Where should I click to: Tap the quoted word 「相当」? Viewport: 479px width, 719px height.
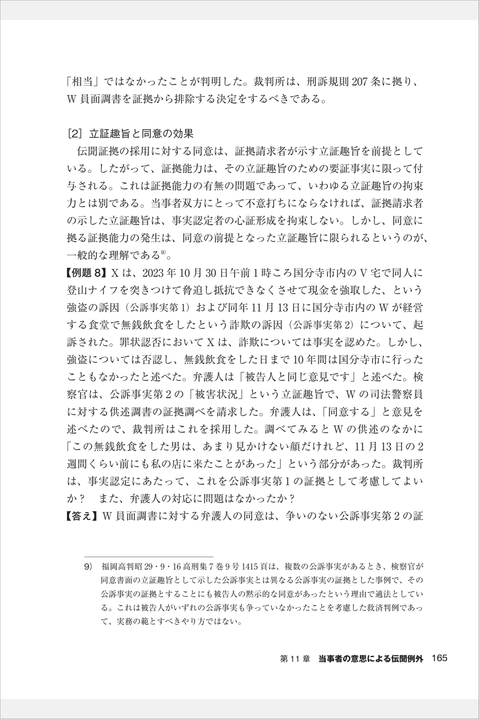[x=83, y=82]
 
